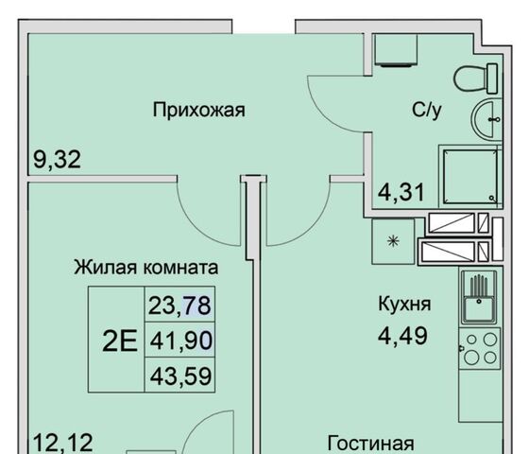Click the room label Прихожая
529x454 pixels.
[198, 111]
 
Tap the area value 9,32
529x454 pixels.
[57, 160]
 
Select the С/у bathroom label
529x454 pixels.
[426, 110]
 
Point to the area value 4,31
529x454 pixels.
[401, 192]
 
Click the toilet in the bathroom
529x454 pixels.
[476, 79]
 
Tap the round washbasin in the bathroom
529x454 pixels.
[486, 119]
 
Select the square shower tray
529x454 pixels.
[470, 176]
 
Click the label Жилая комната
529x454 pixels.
[146, 268]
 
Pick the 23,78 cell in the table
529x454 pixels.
[179, 305]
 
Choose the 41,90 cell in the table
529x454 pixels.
[179, 340]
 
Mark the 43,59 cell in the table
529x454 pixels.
[179, 375]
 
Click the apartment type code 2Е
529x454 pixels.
[120, 341]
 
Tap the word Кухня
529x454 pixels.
[404, 305]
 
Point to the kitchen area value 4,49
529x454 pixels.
[402, 336]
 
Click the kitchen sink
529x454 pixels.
[479, 297]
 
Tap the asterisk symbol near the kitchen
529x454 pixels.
[393, 241]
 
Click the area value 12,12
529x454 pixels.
[63, 443]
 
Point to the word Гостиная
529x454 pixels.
[371, 443]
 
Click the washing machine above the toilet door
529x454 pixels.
[396, 49]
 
